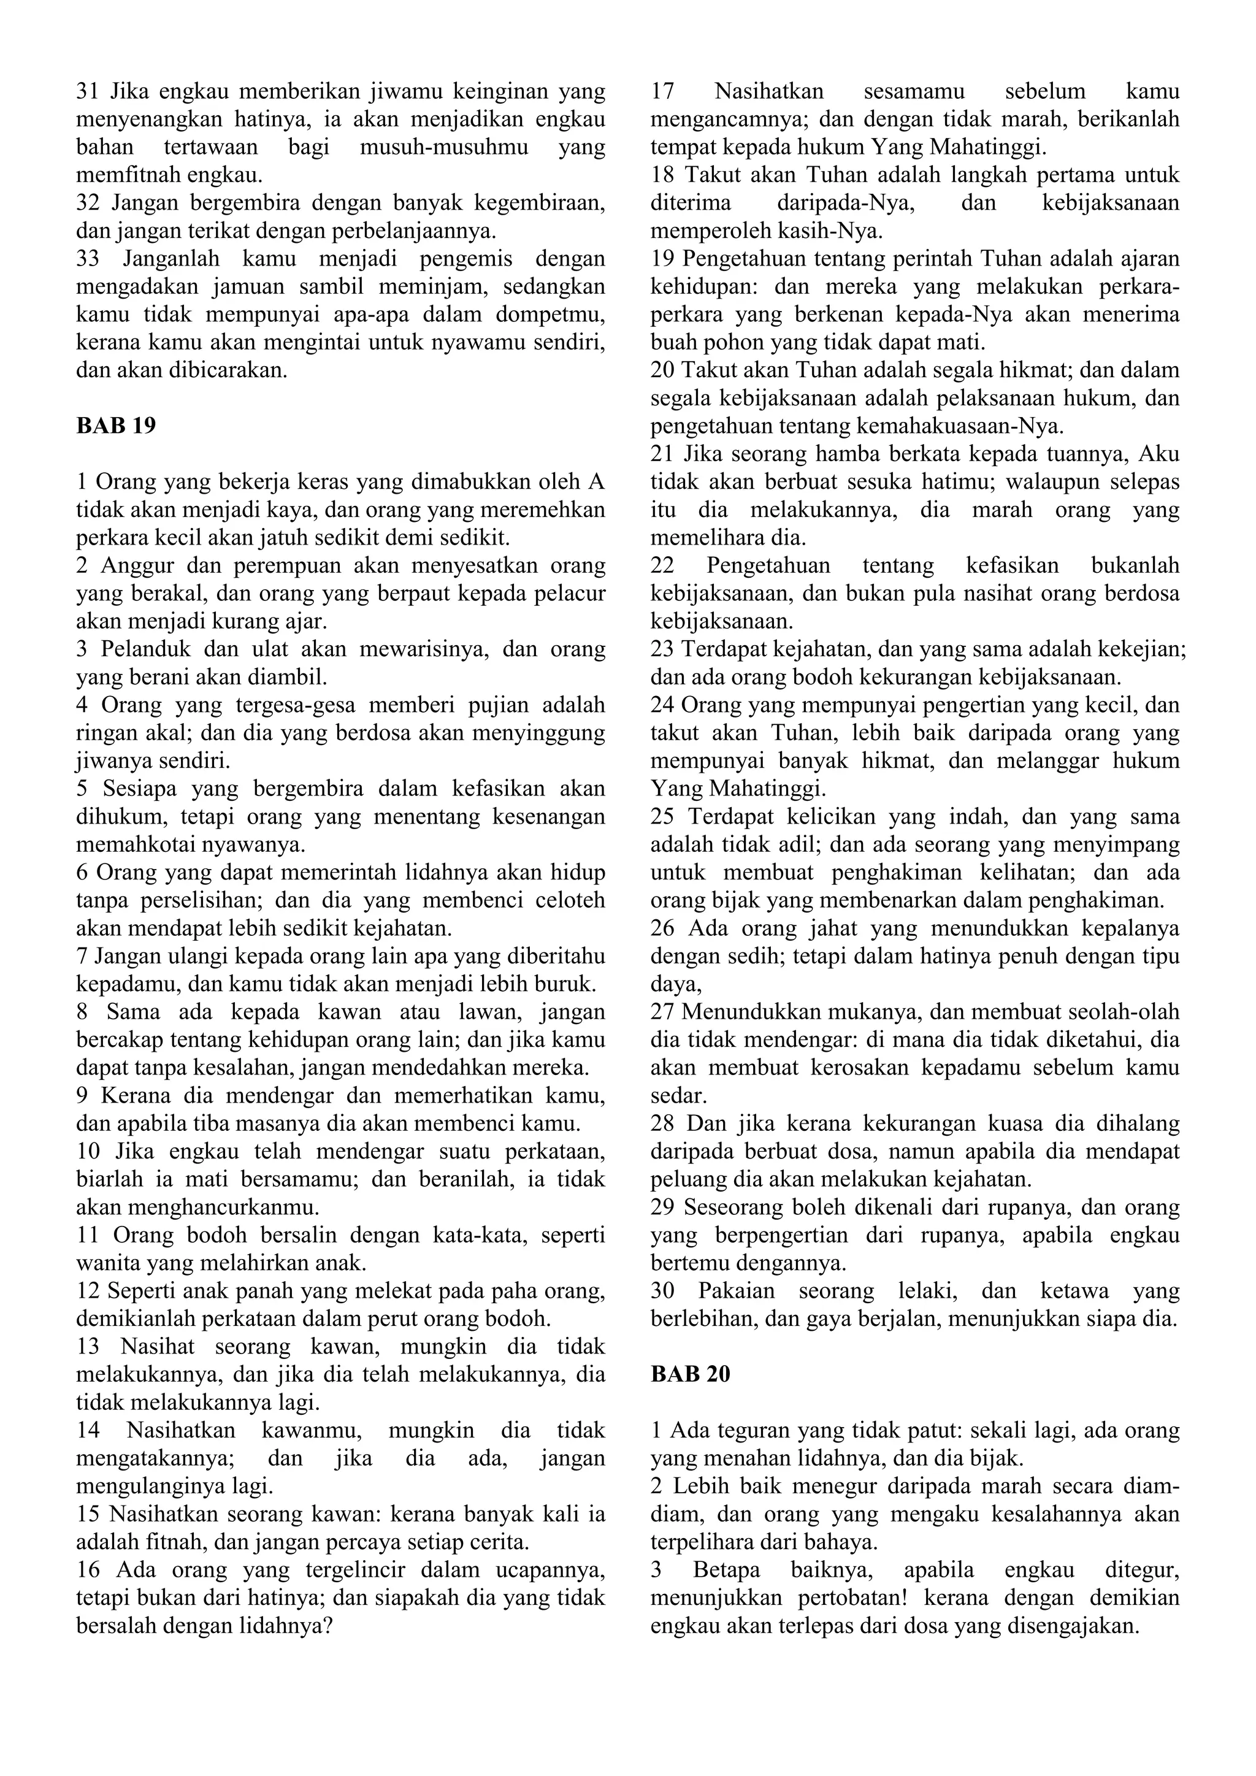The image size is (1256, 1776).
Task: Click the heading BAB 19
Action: (116, 426)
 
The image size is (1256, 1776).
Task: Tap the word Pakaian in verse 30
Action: (737, 1290)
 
